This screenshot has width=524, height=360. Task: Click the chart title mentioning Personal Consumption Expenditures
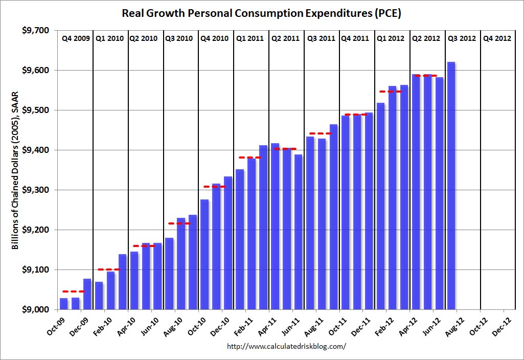click(x=261, y=13)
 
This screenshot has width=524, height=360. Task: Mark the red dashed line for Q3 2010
click(x=179, y=223)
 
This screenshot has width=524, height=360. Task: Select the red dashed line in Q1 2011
click(x=250, y=157)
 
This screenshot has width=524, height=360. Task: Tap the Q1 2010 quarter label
click(x=110, y=38)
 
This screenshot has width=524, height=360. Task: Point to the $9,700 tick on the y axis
click(x=36, y=31)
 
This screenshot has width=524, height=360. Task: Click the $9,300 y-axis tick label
click(x=36, y=190)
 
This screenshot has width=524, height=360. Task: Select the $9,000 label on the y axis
click(x=36, y=310)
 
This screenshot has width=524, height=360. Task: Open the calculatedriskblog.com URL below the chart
click(x=286, y=346)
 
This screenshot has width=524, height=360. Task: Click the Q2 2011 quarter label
click(x=285, y=38)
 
